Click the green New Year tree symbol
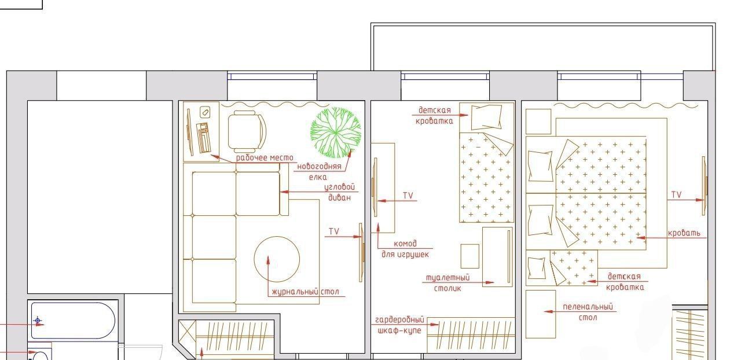click(335, 133)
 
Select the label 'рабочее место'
click(265, 158)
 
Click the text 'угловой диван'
click(339, 192)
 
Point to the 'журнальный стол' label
click(305, 292)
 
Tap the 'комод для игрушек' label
click(405, 249)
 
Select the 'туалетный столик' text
click(447, 283)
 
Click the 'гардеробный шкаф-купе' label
click(399, 325)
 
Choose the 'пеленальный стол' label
click(588, 312)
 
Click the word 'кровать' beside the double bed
click(684, 233)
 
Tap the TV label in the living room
click(334, 232)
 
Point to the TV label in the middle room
click(408, 196)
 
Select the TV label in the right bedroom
click(676, 194)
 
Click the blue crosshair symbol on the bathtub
click(38, 320)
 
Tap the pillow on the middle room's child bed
click(486, 117)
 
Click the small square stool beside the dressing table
click(469, 256)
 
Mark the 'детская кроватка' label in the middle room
click(434, 116)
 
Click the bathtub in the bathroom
click(73, 320)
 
